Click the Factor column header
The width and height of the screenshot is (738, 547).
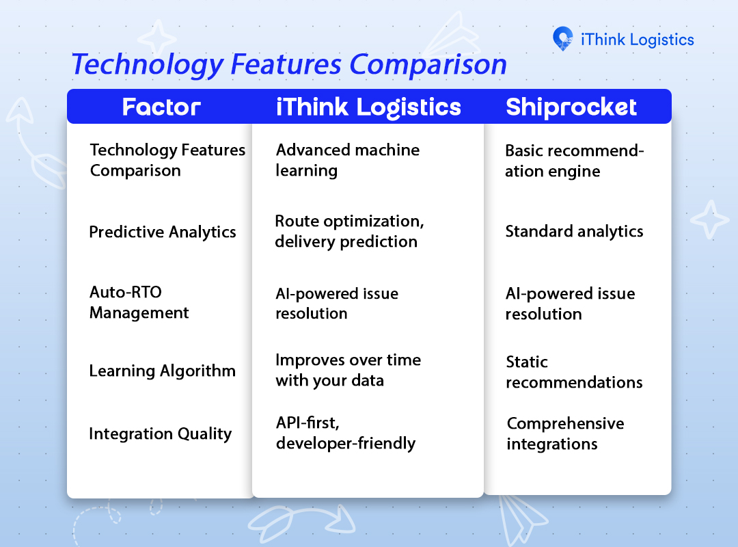tap(161, 107)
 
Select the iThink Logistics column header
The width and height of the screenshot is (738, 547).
tap(368, 107)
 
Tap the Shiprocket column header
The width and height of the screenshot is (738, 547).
tap(571, 107)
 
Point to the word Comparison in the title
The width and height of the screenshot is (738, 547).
tap(428, 65)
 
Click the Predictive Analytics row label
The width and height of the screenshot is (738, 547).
tap(163, 232)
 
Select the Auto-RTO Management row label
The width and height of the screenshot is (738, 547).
tap(139, 302)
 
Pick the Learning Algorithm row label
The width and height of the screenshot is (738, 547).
tap(163, 371)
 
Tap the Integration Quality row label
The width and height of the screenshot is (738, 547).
tap(161, 434)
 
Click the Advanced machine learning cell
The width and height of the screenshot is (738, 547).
tap(348, 160)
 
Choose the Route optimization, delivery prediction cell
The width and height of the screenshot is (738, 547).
tap(349, 231)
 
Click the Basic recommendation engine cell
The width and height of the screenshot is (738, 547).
tap(574, 161)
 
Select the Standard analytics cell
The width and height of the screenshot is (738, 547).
tap(574, 232)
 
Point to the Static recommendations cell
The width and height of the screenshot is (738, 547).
tap(574, 372)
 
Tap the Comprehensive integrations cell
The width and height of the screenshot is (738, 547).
tap(565, 434)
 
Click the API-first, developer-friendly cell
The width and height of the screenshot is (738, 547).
tap(346, 433)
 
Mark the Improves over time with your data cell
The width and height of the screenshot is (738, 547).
tap(348, 371)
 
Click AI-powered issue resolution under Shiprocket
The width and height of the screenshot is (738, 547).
tap(570, 304)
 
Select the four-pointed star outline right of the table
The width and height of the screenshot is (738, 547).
tap(710, 219)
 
